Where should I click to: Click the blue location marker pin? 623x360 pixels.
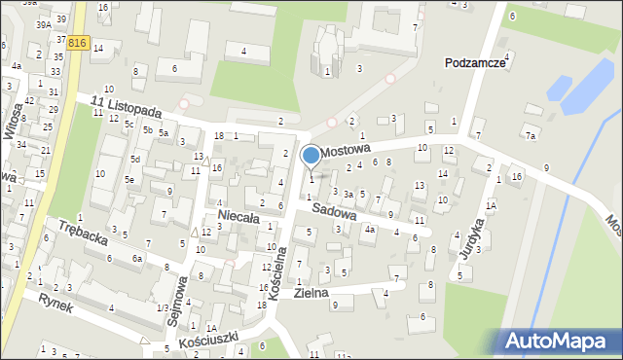coord(311,156)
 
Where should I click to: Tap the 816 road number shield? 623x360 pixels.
coord(79,43)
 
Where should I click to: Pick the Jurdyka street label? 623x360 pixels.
coord(477,236)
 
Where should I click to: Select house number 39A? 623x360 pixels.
coord(44,25)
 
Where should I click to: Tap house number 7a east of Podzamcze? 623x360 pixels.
coord(531,136)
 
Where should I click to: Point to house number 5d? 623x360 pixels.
coord(136,159)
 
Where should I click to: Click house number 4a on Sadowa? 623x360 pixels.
coord(370,230)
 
